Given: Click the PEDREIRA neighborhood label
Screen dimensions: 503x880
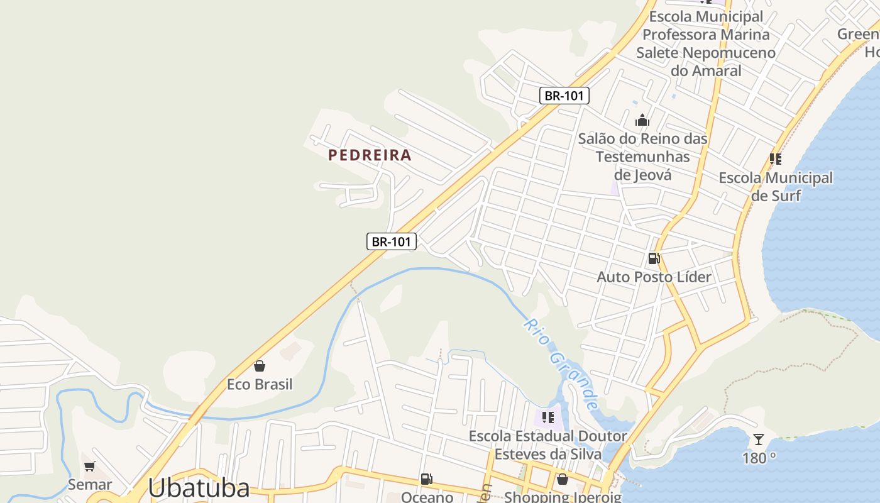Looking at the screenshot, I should click(x=370, y=155).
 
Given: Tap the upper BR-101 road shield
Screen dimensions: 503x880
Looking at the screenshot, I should click(x=564, y=96).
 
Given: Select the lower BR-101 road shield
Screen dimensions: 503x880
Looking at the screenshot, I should click(x=392, y=241).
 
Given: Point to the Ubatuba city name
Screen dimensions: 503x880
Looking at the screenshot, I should click(x=199, y=488).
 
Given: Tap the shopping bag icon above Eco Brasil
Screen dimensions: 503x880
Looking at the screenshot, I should click(x=259, y=366).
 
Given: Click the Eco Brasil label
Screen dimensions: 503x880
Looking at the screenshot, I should click(x=260, y=384).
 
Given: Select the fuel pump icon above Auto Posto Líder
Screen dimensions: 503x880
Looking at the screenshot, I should click(x=654, y=258).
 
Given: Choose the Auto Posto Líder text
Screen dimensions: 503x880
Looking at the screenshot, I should click(x=654, y=277).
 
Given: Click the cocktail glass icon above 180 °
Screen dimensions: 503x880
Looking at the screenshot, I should click(x=759, y=439).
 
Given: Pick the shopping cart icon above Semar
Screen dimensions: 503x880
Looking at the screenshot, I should click(x=90, y=466).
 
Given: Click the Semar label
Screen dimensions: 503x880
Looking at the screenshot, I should click(x=90, y=484).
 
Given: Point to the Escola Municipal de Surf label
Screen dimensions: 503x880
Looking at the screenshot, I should click(x=776, y=187).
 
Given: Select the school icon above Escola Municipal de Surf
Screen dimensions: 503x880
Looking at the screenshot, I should click(x=776, y=159).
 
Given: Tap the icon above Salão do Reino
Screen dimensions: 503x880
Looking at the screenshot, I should click(x=642, y=119).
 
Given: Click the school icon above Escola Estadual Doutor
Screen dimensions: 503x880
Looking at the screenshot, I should click(x=548, y=417).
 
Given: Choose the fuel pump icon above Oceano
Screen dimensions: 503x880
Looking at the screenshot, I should click(x=426, y=480).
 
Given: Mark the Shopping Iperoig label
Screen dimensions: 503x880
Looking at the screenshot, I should click(x=563, y=497).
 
